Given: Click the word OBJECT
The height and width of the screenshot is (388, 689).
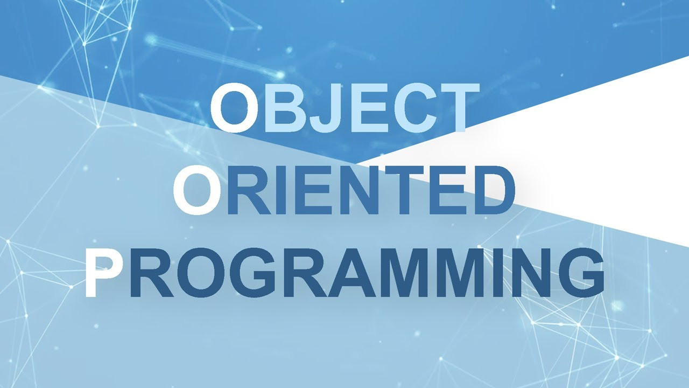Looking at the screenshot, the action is [x=345, y=107].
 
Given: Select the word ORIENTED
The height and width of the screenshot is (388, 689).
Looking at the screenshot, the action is [x=344, y=190].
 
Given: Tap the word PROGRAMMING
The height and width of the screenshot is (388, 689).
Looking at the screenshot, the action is [x=344, y=273].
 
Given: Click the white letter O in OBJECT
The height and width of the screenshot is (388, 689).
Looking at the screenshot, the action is [x=233, y=107].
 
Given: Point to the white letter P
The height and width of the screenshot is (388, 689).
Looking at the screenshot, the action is [x=104, y=273].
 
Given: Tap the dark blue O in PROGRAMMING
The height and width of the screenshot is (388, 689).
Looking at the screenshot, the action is [x=201, y=273].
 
